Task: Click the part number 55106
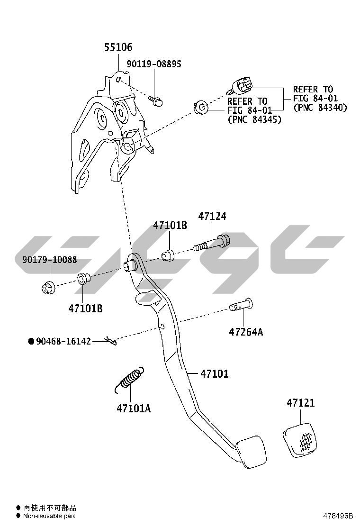118,47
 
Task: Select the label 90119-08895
153,64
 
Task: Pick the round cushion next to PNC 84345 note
200,107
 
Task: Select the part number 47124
212,217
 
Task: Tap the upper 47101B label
170,226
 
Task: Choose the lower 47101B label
85,309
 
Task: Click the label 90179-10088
49,259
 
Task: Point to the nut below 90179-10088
47,286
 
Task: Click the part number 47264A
245,331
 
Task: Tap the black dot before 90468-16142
31,341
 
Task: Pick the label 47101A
134,408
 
